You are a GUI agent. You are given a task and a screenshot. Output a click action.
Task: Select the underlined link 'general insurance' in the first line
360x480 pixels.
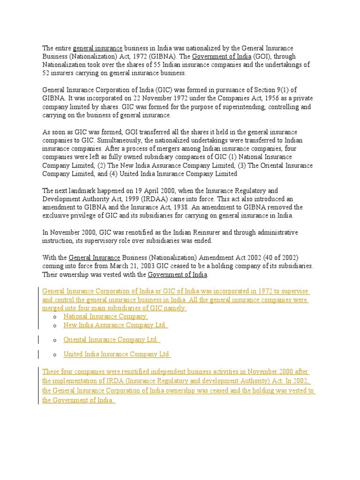click(x=97, y=48)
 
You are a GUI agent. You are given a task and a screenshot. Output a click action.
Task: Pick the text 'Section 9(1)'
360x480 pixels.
click(x=278, y=90)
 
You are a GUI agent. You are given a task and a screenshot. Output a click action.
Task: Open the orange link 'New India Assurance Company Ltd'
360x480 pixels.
click(x=115, y=325)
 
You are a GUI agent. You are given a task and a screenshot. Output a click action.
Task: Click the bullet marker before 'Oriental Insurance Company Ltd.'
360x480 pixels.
click(x=55, y=340)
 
